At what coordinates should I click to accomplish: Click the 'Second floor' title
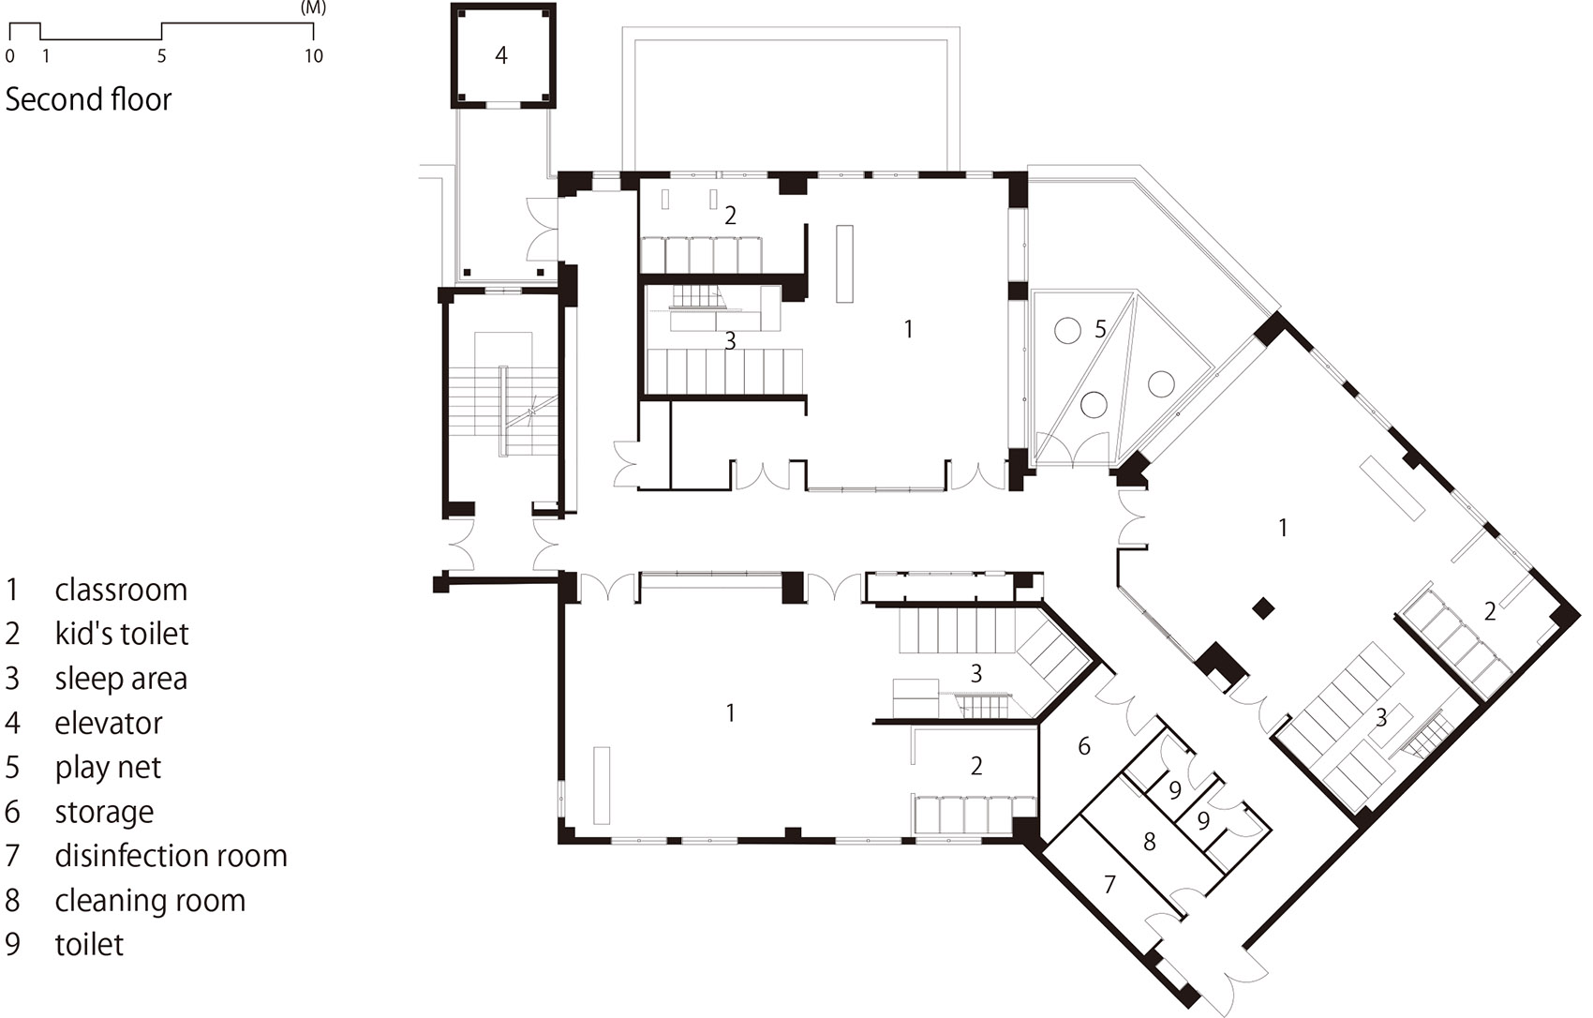point(88,99)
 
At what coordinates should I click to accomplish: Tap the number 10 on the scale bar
point(314,56)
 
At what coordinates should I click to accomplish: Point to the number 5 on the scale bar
point(161,56)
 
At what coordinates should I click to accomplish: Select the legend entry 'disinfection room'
point(171,855)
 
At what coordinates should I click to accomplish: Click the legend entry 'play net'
point(108,768)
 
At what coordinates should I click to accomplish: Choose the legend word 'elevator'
point(109,723)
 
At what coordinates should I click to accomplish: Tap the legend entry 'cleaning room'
point(150,900)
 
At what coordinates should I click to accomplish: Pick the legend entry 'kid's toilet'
point(122,633)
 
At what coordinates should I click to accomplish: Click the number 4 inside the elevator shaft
point(501,54)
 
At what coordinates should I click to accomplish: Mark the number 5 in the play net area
point(1100,329)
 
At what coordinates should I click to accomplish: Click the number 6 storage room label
point(1084,745)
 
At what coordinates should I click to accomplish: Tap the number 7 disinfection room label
point(1109,884)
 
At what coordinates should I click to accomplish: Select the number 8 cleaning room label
point(1149,842)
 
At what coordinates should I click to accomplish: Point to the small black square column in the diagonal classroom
point(1263,608)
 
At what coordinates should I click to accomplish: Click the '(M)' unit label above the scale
point(313,8)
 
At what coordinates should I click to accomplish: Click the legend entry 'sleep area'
point(121,679)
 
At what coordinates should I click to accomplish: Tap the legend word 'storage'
point(104,812)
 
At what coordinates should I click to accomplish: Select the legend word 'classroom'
point(121,590)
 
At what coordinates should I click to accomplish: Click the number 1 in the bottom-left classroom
point(730,712)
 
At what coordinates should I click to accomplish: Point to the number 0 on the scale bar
point(9,56)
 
